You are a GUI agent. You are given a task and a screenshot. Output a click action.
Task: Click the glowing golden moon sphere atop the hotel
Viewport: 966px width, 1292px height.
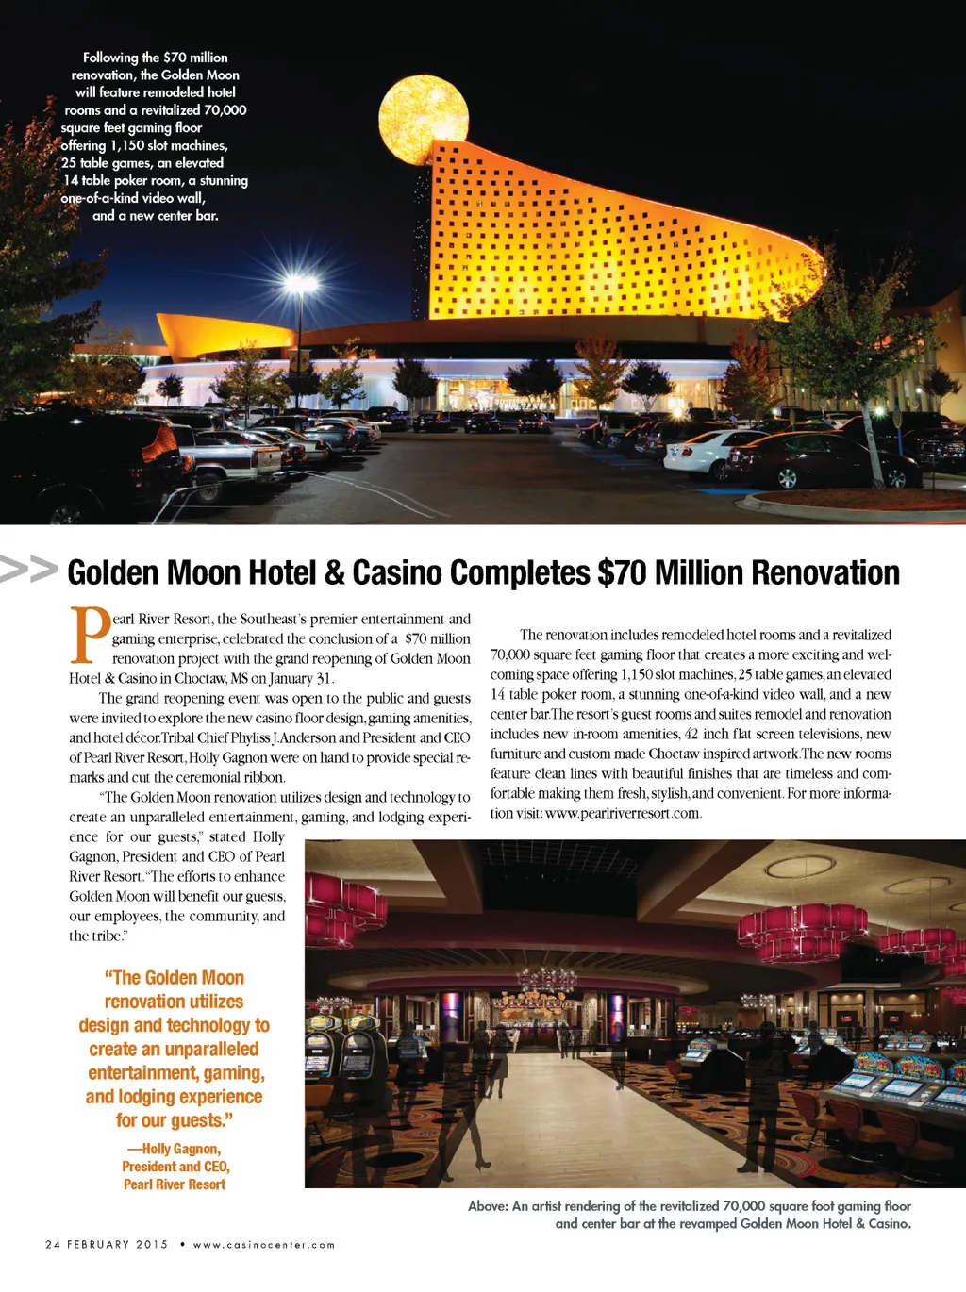424,120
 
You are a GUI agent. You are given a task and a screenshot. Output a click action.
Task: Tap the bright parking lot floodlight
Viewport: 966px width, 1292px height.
300,284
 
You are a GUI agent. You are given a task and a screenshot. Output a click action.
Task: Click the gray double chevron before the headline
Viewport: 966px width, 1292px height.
29,570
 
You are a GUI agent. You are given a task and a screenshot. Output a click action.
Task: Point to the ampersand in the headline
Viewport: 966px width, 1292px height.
334,572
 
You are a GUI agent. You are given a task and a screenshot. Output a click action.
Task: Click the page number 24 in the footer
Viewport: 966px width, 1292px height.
53,1245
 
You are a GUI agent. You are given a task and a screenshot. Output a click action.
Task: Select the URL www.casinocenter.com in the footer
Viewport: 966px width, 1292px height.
264,1245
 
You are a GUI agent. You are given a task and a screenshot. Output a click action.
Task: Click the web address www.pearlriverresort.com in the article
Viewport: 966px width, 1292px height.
623,813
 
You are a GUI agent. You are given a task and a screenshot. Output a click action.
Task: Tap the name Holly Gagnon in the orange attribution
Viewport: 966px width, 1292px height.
181,1149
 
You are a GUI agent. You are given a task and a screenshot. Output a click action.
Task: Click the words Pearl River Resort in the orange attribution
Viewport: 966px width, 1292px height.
175,1184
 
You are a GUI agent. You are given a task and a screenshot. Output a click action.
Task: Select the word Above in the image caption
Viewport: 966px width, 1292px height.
487,1206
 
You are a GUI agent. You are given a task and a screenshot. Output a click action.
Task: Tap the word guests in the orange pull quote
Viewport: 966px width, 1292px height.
195,1120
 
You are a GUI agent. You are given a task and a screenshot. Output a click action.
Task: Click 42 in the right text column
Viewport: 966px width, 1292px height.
692,734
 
